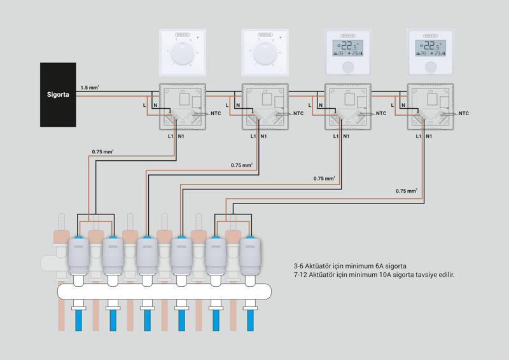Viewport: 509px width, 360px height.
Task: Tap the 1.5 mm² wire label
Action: coord(89,87)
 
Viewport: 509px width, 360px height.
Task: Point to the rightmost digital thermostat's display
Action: coord(432,48)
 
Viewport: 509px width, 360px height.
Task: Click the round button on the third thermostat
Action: coord(349,66)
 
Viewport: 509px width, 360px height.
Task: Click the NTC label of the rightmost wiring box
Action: coord(463,114)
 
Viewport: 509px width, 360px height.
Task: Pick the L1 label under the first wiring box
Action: coord(171,136)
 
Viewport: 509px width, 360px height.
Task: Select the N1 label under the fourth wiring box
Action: coord(429,136)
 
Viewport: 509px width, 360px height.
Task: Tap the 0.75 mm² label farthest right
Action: coord(407,191)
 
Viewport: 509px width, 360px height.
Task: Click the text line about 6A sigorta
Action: coord(350,265)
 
